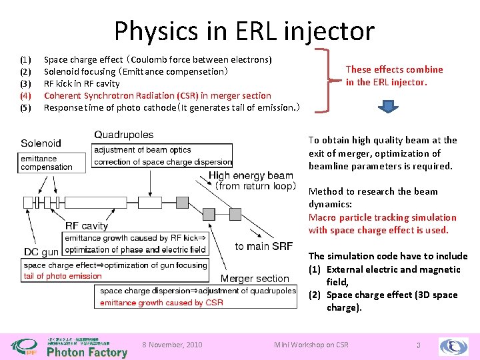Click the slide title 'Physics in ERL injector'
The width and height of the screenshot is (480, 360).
(x=244, y=31)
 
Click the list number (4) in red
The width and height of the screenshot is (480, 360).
(x=26, y=95)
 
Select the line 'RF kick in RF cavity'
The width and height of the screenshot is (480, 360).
(x=81, y=83)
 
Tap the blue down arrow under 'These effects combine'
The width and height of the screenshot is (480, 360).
(x=389, y=107)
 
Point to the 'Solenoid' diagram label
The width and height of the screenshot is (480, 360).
(x=41, y=143)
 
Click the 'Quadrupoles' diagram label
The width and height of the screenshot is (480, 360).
(x=124, y=135)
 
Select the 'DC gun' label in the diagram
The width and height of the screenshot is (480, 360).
(x=41, y=251)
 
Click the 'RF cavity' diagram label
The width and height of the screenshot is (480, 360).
(x=86, y=225)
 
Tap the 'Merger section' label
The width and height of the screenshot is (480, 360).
(x=255, y=279)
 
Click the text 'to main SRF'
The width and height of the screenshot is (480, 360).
(x=264, y=247)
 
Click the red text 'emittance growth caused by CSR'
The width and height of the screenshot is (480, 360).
(x=161, y=303)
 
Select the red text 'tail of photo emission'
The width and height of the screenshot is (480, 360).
(x=63, y=276)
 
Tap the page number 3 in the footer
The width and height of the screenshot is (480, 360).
(x=417, y=345)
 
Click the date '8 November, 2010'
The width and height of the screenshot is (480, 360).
(x=173, y=345)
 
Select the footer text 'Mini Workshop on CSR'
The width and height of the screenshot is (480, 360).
(x=311, y=345)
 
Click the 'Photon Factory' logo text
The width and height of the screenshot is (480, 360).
(x=87, y=352)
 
